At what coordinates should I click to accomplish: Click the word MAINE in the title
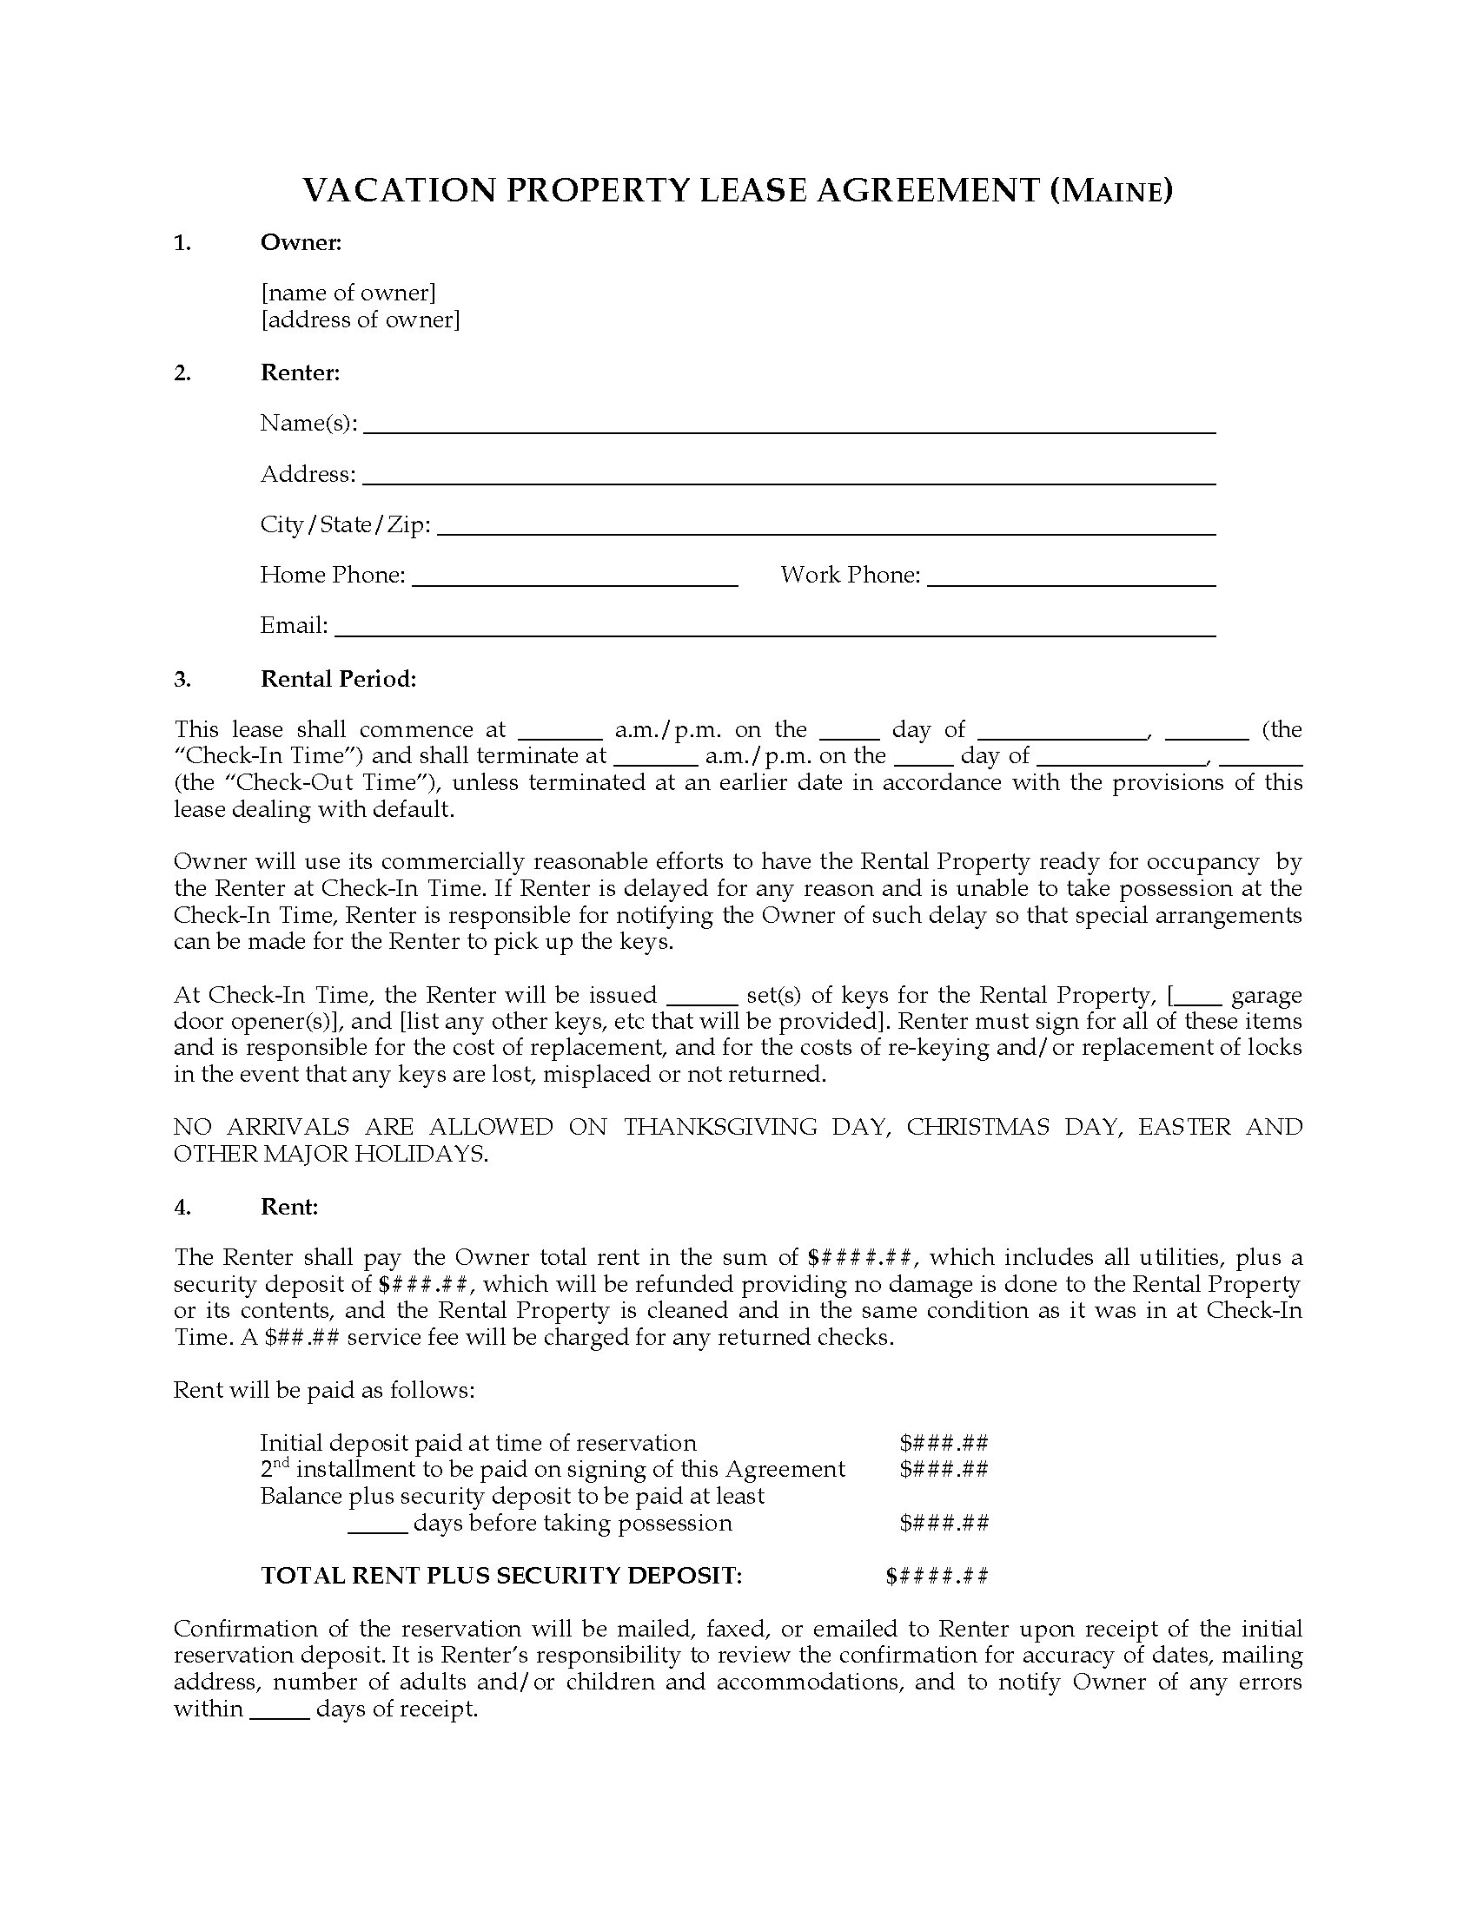click(1110, 192)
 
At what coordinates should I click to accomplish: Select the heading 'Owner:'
click(300, 242)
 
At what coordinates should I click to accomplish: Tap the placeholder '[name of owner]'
click(348, 292)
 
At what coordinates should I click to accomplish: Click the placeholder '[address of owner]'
click(360, 319)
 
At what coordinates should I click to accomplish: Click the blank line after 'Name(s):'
click(788, 430)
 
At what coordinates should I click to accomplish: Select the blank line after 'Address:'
click(788, 480)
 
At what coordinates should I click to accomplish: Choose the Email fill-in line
click(774, 632)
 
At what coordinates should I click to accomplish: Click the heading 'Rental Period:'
click(338, 679)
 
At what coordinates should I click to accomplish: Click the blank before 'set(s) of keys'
click(702, 1001)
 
